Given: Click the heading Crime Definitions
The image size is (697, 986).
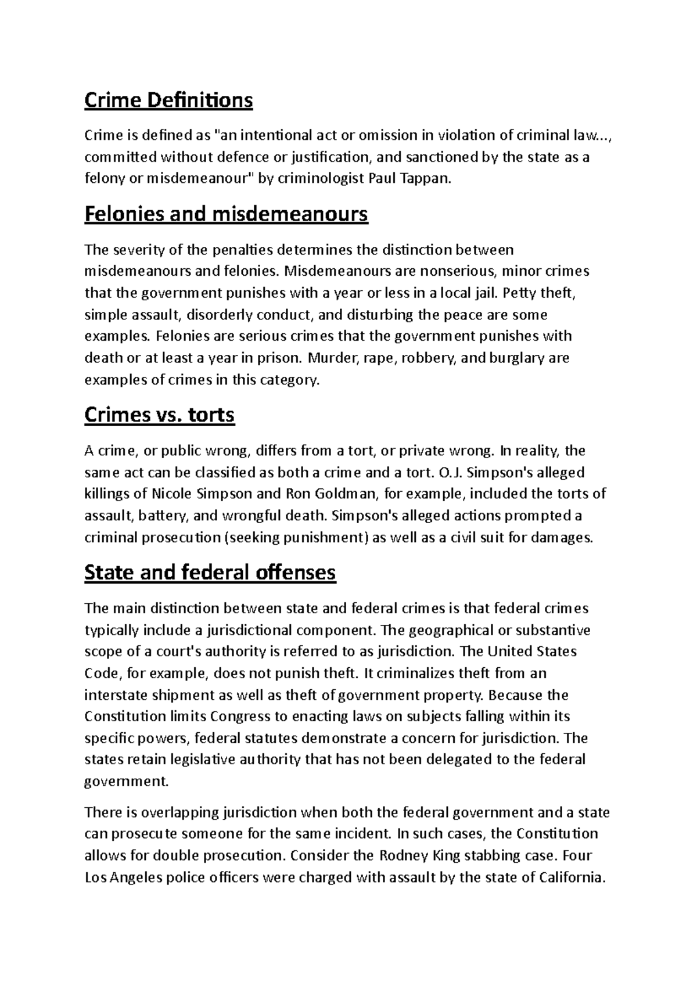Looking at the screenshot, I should pyautogui.click(x=168, y=100).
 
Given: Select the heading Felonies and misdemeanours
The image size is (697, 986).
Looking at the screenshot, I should pyautogui.click(x=226, y=214).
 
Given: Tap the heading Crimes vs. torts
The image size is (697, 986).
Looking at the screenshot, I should pyautogui.click(x=159, y=415).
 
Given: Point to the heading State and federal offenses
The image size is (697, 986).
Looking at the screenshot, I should pyautogui.click(x=210, y=573).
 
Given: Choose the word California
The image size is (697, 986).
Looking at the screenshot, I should pyautogui.click(x=572, y=877).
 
